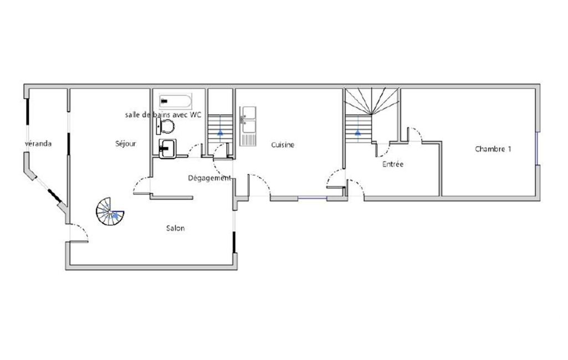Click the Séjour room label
126,144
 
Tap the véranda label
38,144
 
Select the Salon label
176,228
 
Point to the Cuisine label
283,145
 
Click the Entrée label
393,164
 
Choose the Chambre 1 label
493,149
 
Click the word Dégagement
209,178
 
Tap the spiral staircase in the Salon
109,212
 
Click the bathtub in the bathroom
175,101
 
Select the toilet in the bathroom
166,127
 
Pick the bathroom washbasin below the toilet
167,149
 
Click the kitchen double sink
248,126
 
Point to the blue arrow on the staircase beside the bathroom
220,132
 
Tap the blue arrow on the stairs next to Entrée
358,132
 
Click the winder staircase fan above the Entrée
372,101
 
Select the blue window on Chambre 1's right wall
538,148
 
